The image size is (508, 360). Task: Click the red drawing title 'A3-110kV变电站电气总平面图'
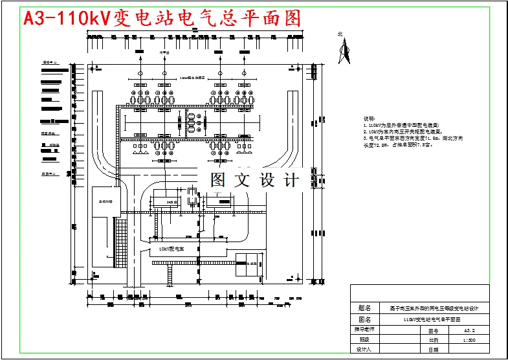coord(162,18)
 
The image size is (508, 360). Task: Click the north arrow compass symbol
coord(345,52)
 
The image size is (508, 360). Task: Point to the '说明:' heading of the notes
coord(369,119)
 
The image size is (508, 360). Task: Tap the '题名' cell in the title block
coord(364,309)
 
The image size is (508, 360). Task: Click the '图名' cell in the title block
coord(364,319)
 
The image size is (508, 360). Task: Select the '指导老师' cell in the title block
coord(364,330)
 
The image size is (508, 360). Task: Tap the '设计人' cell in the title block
coord(364,350)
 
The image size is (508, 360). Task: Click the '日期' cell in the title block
coord(433,350)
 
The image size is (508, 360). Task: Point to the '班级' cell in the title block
coord(364,339)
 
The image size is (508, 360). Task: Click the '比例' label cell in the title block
coord(433,339)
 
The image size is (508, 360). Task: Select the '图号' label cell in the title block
coord(433,330)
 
